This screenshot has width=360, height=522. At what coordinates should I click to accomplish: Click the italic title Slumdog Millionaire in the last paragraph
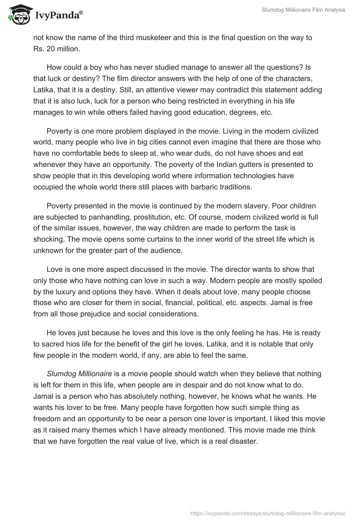point(79,374)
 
